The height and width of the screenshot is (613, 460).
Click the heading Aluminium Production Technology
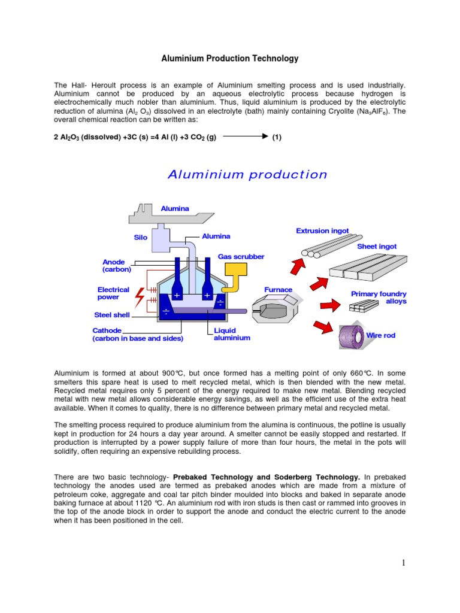click(x=230, y=59)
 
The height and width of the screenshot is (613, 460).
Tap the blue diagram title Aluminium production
click(x=247, y=175)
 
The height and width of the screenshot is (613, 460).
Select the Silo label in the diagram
click(x=141, y=237)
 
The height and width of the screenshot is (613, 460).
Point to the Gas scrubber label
click(x=241, y=256)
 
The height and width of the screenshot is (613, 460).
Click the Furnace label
click(x=279, y=290)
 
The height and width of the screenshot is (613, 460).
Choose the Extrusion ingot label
click(x=322, y=230)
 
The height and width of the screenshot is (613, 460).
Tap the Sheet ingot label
click(x=377, y=246)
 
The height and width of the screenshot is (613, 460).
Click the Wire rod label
click(x=381, y=335)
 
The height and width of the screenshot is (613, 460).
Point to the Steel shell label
click(x=112, y=315)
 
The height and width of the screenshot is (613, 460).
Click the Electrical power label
click(x=113, y=293)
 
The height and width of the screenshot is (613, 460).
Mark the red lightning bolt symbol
click(x=140, y=296)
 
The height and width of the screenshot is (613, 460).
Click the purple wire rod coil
click(x=352, y=337)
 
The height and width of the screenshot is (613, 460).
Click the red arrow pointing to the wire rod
click(x=323, y=326)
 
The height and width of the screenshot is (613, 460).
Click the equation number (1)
click(x=277, y=137)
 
